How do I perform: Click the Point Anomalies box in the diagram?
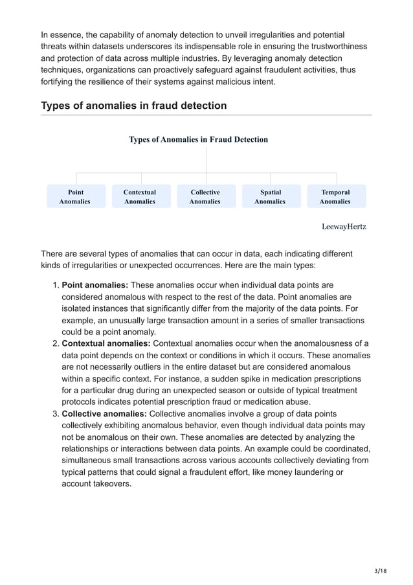click(75, 196)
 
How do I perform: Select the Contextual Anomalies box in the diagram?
click(140, 196)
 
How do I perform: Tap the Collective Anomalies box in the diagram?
click(205, 196)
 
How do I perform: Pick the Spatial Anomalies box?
click(271, 196)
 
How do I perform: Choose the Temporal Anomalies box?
click(335, 196)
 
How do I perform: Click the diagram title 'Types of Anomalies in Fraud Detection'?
click(198, 139)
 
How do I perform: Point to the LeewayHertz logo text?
click(344, 227)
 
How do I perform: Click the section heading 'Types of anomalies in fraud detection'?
click(133, 106)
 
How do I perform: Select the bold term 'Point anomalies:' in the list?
click(95, 285)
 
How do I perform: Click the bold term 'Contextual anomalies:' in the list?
click(106, 343)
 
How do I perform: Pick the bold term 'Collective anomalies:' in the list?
click(104, 413)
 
